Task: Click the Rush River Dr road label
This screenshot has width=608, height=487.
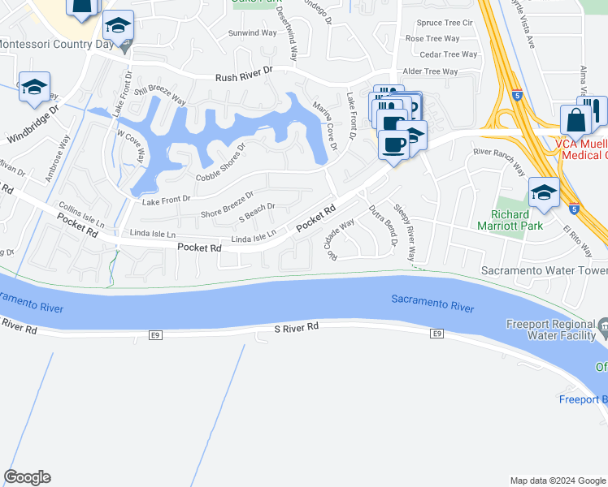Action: click(243, 78)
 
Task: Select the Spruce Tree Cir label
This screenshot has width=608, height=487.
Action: click(444, 23)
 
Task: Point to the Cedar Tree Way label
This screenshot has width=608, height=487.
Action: click(449, 54)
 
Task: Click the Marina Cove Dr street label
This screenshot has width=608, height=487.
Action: click(325, 131)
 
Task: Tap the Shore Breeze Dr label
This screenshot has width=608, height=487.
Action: click(228, 205)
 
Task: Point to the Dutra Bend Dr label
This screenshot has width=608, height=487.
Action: click(383, 225)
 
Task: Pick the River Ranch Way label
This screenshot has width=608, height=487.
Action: click(499, 160)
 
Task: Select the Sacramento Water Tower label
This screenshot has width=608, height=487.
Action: click(545, 270)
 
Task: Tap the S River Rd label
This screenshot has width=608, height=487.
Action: click(296, 326)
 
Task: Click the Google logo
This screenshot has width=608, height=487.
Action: click(27, 477)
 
